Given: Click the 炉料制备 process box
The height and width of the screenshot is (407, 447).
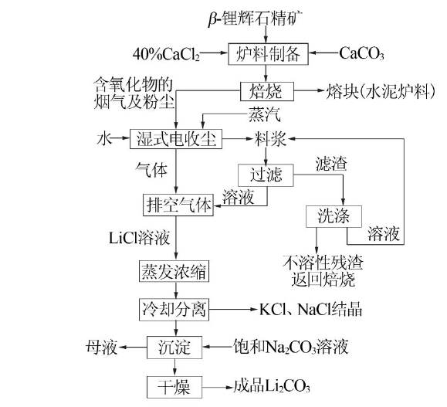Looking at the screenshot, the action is pos(268,54).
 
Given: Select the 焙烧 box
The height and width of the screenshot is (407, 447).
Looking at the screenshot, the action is pos(267,92).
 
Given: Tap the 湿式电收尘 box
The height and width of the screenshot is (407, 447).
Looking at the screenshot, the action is pos(176,139).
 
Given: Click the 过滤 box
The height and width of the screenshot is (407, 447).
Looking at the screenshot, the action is pos(266,175).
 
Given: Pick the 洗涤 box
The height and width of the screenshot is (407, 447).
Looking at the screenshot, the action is pos(334,216).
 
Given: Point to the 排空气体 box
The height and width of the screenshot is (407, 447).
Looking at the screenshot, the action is pos(178,205).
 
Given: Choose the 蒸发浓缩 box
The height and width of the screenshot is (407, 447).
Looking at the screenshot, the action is pos(174,271).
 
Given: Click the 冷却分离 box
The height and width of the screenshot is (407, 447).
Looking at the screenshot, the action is pos(174,310).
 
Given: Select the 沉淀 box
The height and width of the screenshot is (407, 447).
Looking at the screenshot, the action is pos(174,348).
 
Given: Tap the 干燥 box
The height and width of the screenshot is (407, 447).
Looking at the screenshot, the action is pos(174,387).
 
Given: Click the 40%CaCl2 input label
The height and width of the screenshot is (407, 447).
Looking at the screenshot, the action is pos(166,54).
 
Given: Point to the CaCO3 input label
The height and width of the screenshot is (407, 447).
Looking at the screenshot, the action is pos(361,53).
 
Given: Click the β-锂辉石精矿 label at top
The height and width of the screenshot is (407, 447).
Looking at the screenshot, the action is pos(256,19).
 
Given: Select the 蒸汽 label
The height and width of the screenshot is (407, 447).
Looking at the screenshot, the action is pos(265,114).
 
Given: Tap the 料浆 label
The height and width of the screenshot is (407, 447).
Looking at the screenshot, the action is pos(270,139).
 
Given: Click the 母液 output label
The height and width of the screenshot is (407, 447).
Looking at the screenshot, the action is pos(102,348).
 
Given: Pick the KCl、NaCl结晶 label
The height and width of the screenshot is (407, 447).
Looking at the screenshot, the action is pos(310,310).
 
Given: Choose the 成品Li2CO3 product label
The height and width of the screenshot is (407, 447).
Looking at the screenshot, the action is pos(272,386).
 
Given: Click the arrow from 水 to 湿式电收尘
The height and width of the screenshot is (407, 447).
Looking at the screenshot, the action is pos(120,138).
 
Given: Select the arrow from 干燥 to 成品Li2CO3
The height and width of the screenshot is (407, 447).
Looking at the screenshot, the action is pos(218,388).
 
